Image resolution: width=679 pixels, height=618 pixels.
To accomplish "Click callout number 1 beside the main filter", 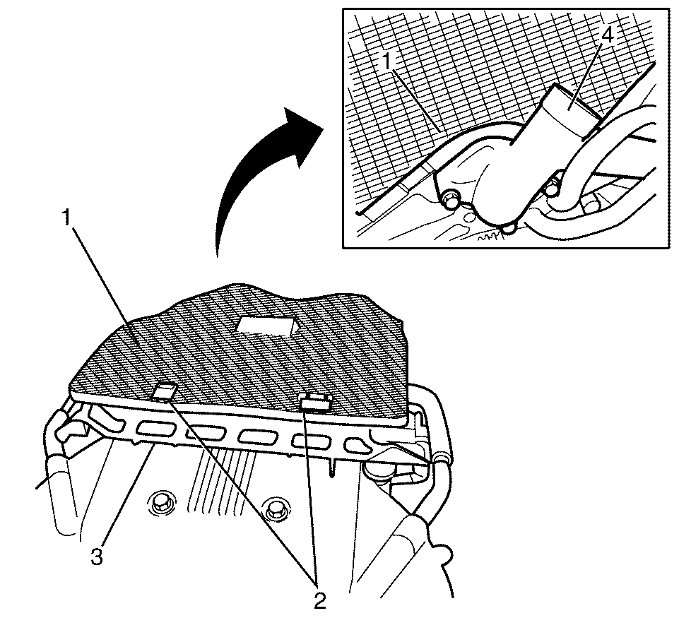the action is (x=66, y=218).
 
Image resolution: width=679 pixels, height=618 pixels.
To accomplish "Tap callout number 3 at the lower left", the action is (x=97, y=557).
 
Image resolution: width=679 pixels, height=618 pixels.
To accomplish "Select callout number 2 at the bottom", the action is (x=320, y=601).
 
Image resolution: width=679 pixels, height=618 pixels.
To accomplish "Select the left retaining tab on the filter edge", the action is (x=165, y=392).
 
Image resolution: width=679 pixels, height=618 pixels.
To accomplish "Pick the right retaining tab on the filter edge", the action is (x=317, y=403).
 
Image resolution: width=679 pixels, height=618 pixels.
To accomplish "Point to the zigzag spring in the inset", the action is (x=490, y=236).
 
